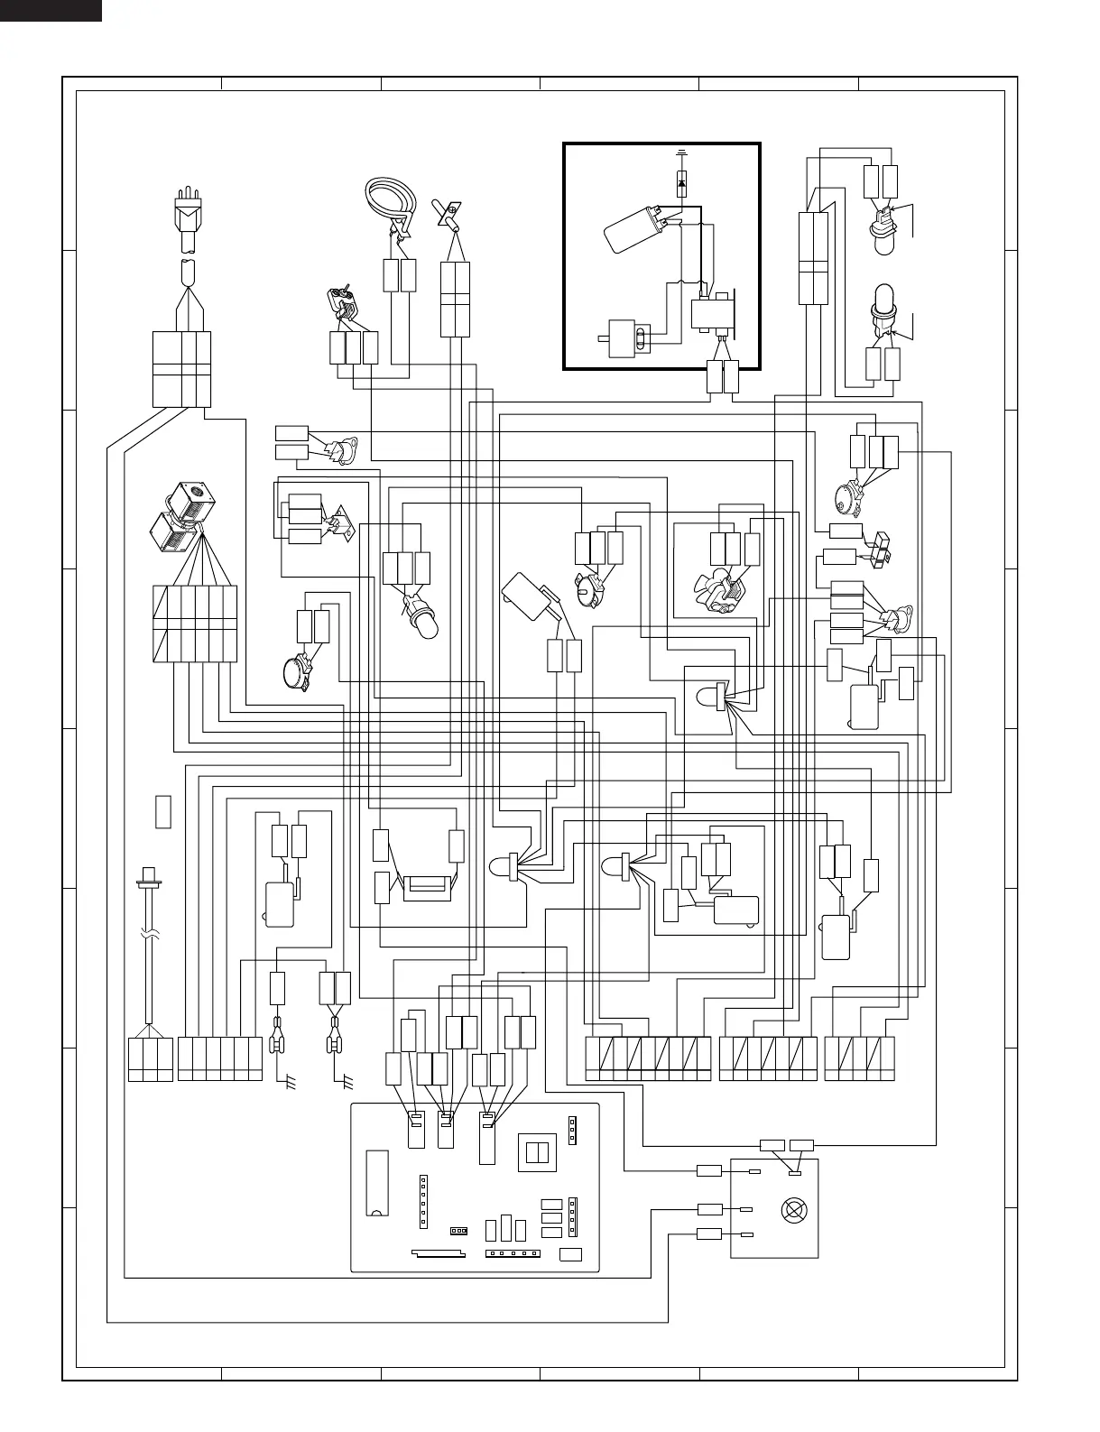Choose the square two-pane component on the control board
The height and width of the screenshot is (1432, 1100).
tap(537, 1152)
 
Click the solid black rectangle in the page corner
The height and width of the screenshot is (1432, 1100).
tap(51, 10)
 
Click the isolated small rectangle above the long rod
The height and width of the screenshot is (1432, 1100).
tap(163, 811)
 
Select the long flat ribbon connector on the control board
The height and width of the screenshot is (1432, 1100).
tap(439, 1253)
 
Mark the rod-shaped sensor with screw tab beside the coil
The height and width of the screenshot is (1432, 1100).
tap(448, 213)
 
